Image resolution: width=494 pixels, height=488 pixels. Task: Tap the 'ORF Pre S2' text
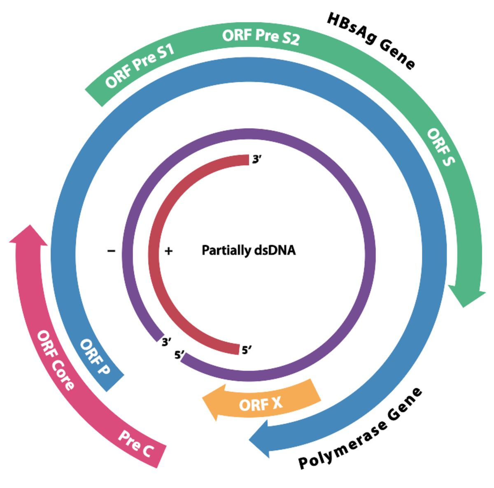pos(261,37)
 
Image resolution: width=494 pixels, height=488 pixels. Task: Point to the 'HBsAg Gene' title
pos(370,41)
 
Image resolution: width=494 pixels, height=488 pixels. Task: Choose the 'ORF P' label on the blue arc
pos(95,357)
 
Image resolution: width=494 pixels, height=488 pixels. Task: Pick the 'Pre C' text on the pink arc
pos(136,443)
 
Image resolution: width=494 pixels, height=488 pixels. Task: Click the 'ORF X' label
pos(261,404)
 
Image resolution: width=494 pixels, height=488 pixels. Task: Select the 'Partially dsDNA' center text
pos(249,250)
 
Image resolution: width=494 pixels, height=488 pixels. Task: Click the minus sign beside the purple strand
pos(111,251)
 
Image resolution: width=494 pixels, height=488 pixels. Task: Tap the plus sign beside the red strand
pos(168,251)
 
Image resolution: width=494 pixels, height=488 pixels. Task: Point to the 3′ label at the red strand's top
pos(256,159)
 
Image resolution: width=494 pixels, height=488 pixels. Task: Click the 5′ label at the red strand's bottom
pos(246,350)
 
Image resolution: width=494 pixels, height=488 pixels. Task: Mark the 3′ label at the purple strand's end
pos(166,342)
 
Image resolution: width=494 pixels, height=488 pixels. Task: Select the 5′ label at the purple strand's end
pos(179,355)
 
